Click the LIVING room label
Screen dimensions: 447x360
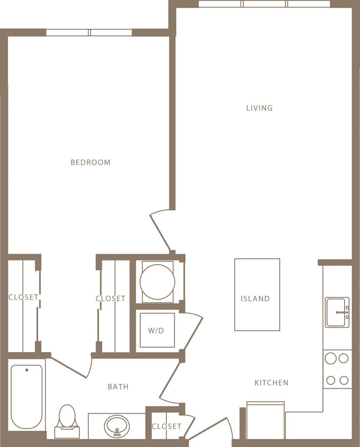[259, 108]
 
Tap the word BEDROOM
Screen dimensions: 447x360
[90, 162]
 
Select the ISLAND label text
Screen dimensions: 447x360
[255, 299]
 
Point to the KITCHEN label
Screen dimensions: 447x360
[271, 383]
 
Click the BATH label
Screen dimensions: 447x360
[118, 387]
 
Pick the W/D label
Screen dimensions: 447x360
[156, 331]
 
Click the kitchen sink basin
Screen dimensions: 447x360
[336, 312]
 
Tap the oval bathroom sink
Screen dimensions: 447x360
[117, 426]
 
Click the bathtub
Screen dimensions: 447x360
[27, 396]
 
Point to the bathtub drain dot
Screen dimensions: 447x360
[27, 370]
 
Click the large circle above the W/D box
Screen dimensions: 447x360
[157, 282]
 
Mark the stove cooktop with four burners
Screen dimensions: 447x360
[337, 369]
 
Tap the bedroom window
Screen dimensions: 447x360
[89, 32]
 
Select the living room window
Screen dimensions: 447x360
[264, 4]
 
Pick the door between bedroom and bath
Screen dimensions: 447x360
[70, 367]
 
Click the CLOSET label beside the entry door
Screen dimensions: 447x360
[167, 426]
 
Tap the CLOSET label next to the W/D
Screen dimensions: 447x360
[110, 299]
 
